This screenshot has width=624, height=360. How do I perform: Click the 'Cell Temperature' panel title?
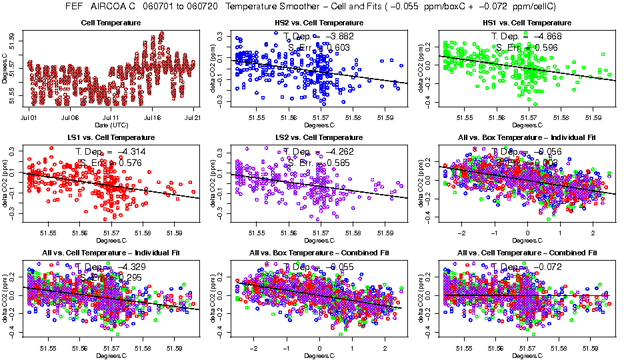111,23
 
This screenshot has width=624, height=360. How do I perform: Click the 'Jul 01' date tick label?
29,117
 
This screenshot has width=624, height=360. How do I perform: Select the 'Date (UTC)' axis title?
111,125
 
